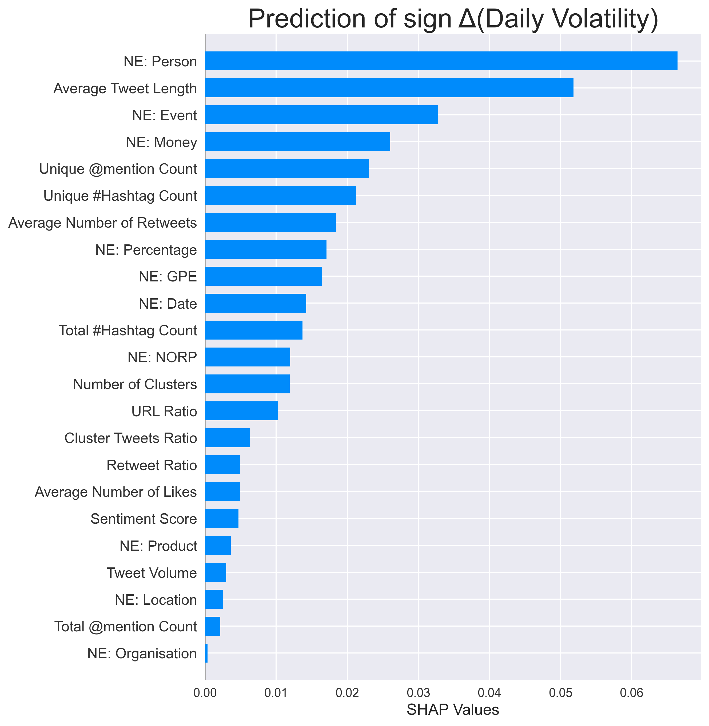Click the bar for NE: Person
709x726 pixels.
point(441,61)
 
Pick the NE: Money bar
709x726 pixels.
point(297,142)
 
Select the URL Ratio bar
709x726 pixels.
point(241,411)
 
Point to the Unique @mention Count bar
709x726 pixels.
point(287,168)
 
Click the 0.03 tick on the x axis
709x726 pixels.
point(418,693)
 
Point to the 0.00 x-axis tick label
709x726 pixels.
point(205,693)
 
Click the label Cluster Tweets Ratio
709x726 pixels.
point(130,438)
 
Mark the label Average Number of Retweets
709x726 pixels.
point(102,223)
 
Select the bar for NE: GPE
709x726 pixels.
point(263,276)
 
